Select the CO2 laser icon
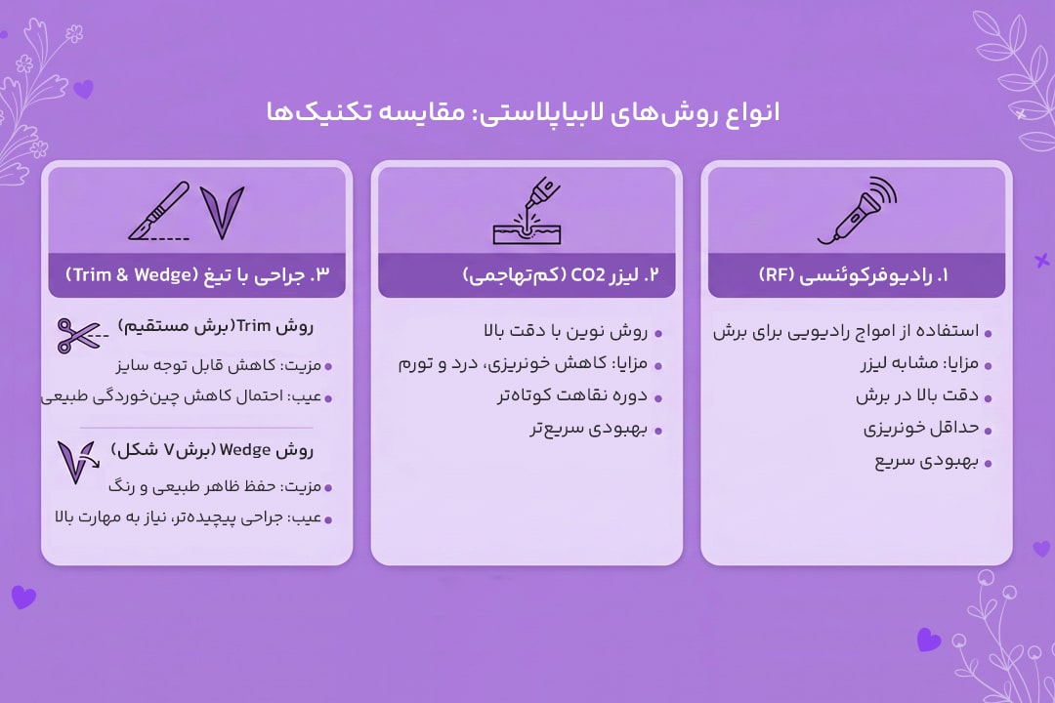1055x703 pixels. (527, 210)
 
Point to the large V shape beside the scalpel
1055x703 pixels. (222, 212)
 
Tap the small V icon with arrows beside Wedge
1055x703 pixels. (75, 461)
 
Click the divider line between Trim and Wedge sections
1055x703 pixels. (196, 427)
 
